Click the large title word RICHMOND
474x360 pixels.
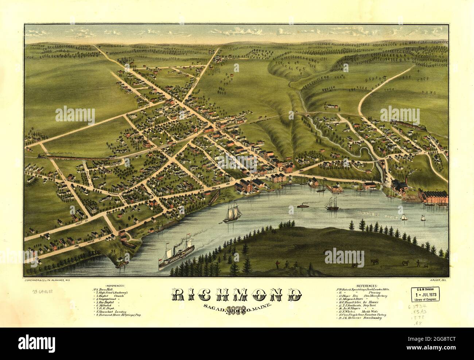[x=237, y=295]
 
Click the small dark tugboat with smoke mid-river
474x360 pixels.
[x=302, y=206]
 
